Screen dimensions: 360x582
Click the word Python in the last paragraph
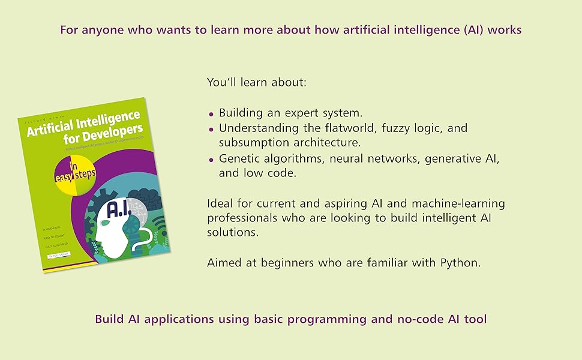pyautogui.click(x=462, y=263)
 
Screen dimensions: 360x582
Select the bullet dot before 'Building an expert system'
pyautogui.click(x=211, y=113)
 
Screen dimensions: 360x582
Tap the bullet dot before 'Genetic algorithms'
pyautogui.click(x=211, y=160)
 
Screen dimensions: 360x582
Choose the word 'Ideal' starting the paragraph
pyautogui.click(x=220, y=203)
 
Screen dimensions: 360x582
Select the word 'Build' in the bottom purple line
pyautogui.click(x=110, y=319)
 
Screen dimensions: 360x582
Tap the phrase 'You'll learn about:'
pyautogui.click(x=256, y=82)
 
